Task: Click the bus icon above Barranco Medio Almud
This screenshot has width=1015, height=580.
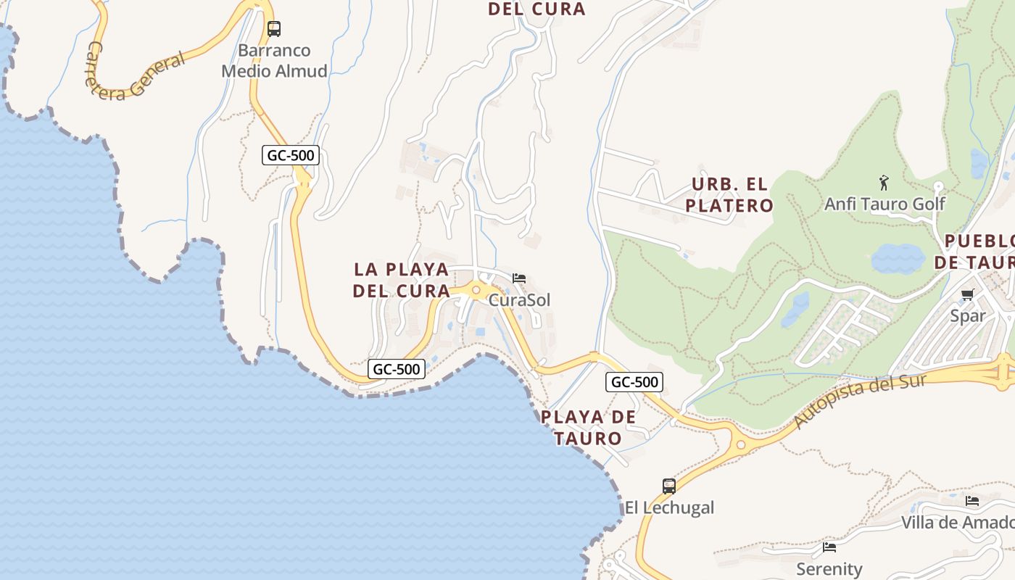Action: (273, 29)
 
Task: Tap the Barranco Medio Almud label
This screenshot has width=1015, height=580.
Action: (274, 61)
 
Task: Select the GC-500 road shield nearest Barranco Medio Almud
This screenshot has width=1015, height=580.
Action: (291, 155)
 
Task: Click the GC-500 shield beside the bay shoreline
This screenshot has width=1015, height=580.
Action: (395, 369)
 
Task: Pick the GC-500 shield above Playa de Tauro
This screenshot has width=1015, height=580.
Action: (634, 382)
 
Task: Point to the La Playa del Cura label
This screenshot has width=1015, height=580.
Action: (401, 280)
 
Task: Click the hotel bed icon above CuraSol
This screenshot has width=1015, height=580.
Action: (519, 278)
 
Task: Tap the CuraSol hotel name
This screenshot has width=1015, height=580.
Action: (520, 300)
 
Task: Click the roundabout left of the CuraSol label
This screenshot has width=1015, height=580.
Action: (476, 291)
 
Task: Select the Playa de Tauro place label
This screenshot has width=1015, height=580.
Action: (589, 428)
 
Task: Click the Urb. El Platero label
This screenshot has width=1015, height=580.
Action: (729, 194)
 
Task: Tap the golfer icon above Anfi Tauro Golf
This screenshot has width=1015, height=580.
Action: (884, 183)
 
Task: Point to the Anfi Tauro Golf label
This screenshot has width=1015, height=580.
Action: (884, 204)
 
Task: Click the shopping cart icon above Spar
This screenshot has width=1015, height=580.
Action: (967, 294)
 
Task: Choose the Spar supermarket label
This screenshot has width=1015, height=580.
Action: (968, 316)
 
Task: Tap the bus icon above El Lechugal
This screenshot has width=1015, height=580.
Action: (669, 486)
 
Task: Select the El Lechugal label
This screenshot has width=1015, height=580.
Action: (669, 507)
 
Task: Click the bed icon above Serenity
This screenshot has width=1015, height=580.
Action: (829, 547)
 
